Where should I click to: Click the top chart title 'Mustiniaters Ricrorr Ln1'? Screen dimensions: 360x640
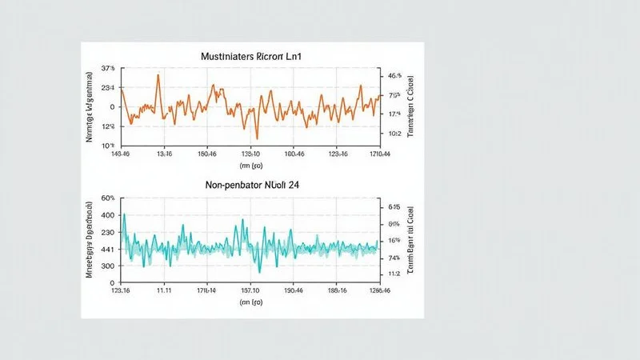[x=250, y=58]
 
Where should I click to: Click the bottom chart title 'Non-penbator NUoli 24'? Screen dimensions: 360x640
[x=250, y=185]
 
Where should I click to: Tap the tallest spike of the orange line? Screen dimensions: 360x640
[x=158, y=75]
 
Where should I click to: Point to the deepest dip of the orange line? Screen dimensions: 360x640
[x=256, y=138]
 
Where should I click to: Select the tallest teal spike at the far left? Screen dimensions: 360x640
[x=124, y=214]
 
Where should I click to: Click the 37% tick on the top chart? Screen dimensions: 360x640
[x=107, y=69]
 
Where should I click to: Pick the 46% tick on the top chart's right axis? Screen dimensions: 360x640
[x=394, y=76]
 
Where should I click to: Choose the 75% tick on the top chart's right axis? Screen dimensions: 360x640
[x=394, y=95]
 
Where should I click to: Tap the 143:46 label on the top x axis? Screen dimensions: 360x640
[x=122, y=154]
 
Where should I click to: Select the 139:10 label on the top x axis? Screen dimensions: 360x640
[x=250, y=154]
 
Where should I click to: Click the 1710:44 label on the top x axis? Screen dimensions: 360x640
[x=380, y=154]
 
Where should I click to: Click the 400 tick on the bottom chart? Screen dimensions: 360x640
[x=108, y=216]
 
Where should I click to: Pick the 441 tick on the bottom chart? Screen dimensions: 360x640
[x=108, y=249]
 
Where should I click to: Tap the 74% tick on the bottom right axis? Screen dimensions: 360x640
[x=394, y=258]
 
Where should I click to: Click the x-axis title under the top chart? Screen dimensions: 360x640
[x=250, y=166]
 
